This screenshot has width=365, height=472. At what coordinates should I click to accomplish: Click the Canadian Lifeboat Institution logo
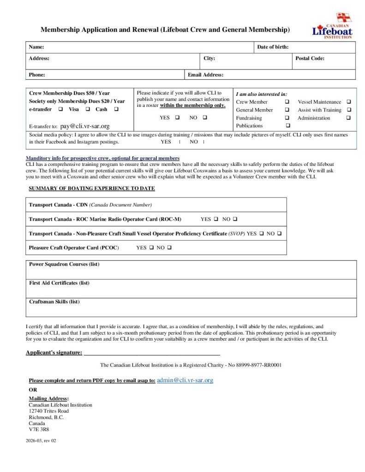coord(332,26)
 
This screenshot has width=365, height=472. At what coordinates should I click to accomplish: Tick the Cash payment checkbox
coord(115,109)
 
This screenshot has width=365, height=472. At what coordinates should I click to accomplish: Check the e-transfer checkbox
coord(60,109)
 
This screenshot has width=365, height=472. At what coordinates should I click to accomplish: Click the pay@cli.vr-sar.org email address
coord(85,126)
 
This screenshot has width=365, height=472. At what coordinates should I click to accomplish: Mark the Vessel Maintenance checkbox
coord(348,102)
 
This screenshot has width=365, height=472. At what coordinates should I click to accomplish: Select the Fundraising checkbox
coord(287,118)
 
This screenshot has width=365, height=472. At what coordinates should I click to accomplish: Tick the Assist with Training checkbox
coord(348,110)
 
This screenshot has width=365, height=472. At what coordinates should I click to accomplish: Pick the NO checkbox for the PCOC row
coord(169,248)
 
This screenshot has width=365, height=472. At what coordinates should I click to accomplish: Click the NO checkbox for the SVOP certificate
coord(279,234)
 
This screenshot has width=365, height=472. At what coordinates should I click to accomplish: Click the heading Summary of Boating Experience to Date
coord(92,189)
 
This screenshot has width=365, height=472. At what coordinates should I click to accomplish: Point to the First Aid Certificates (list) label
coord(59,283)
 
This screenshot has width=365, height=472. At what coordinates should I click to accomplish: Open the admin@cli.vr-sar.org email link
coord(185,380)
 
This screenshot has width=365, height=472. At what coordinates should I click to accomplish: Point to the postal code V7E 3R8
coord(39,429)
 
